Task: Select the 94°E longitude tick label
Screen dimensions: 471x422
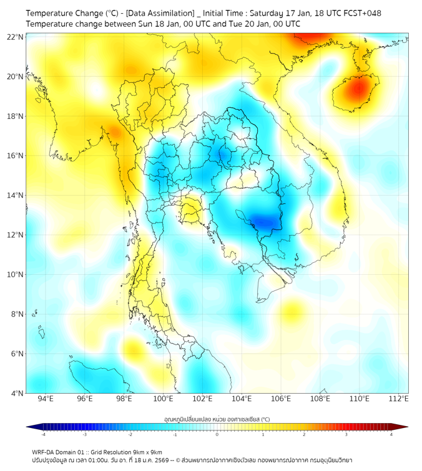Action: tap(46, 399)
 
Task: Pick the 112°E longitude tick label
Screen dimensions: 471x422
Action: tap(400, 399)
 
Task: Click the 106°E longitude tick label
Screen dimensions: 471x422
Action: tap(282, 399)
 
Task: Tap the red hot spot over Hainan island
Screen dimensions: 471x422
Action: tap(357, 89)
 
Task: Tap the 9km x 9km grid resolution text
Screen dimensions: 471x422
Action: tap(144, 452)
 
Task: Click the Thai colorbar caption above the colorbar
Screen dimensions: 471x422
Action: tap(217, 419)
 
